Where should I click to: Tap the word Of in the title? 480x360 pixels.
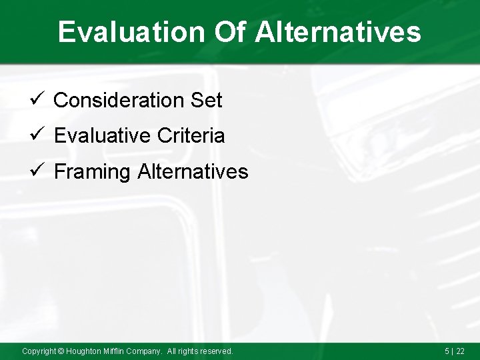click(x=230, y=32)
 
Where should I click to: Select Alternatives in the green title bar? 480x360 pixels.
click(x=338, y=32)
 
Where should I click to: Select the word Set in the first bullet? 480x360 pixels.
click(x=206, y=101)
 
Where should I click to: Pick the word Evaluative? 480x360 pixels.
click(x=103, y=136)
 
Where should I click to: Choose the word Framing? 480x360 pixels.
click(x=92, y=172)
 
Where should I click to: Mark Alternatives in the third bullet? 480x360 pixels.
click(x=193, y=172)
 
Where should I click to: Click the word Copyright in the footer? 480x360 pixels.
click(x=39, y=351)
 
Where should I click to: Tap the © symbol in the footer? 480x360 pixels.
click(x=61, y=351)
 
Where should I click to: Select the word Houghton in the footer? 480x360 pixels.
click(x=84, y=351)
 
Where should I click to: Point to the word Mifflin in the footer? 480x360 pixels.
click(x=116, y=351)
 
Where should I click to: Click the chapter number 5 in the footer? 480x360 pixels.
click(x=447, y=351)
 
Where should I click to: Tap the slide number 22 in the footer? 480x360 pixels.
click(x=460, y=351)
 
